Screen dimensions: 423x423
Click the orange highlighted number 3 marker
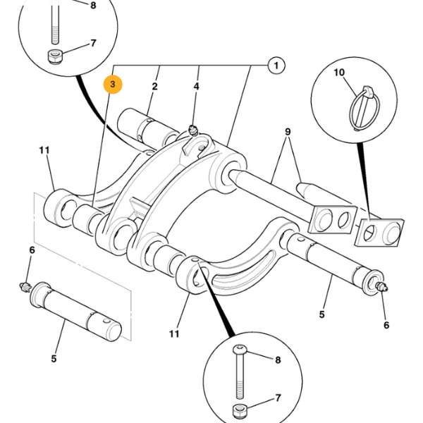[113, 85]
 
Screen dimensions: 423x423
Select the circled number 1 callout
[276, 66]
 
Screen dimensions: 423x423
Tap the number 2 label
[154, 86]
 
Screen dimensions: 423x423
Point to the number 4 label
[197, 86]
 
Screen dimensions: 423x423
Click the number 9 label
[288, 131]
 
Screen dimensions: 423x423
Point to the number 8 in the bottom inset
[277, 360]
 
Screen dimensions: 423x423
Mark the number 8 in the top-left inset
[92, 6]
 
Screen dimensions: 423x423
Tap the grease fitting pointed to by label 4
[192, 129]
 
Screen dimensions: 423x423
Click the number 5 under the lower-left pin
[54, 359]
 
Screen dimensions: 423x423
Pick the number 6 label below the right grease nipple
[386, 325]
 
